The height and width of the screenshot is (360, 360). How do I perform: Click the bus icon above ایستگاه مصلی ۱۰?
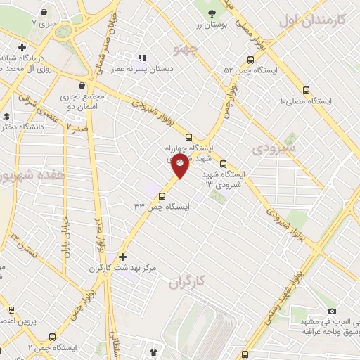pos(306,90)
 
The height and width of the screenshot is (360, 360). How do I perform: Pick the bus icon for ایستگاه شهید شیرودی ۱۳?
pos(223,165)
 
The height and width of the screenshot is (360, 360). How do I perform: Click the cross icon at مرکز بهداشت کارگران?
pos(123,257)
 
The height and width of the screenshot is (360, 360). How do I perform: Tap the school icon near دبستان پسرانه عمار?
pos(141,58)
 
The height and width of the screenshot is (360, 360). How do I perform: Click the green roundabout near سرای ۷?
pos(65,31)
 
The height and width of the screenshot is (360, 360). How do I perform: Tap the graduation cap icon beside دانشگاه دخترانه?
pos(6,116)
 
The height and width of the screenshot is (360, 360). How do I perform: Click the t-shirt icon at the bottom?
pos(154,349)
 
